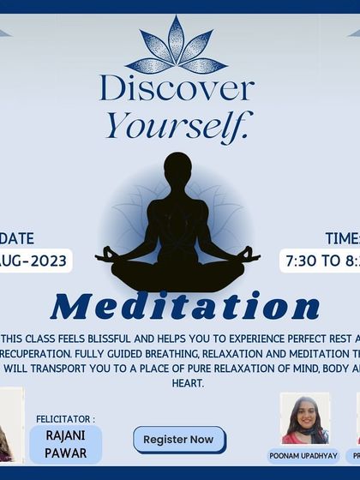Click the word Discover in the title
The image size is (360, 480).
177,88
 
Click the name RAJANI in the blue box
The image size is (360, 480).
65,436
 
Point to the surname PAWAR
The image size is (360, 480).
65,452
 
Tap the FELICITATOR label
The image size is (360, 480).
65,419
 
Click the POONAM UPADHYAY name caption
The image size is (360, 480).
304,456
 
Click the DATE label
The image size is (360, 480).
19,239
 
